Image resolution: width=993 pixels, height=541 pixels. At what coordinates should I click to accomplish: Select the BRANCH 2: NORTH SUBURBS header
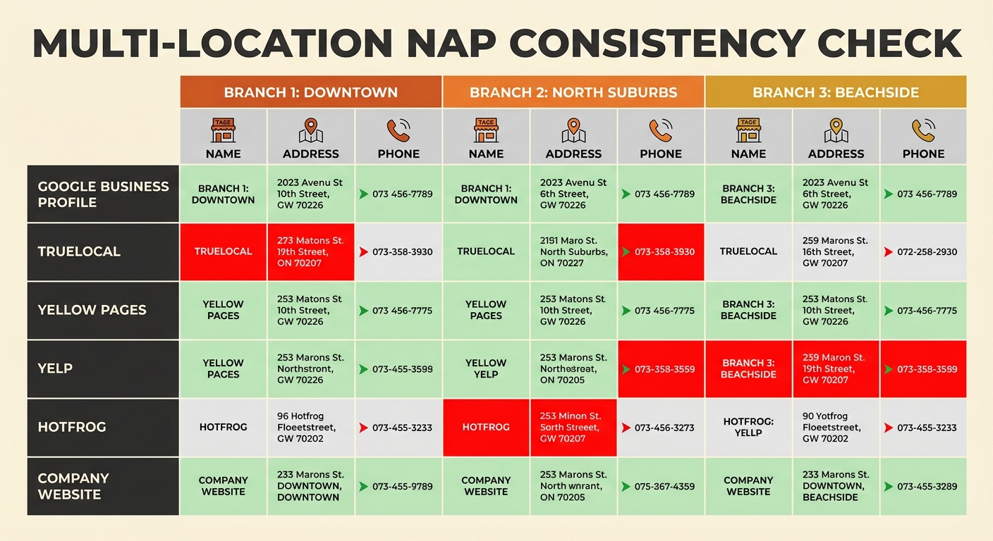[573, 92]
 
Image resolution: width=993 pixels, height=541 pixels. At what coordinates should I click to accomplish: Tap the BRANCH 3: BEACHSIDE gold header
[835, 92]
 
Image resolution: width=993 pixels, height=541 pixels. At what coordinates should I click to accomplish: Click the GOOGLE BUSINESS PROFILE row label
[103, 194]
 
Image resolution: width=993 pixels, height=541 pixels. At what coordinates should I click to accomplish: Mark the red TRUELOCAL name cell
[223, 251]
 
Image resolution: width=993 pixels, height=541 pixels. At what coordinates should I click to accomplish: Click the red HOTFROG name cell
[485, 428]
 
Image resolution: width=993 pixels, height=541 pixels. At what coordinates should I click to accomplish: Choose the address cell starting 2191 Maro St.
[573, 251]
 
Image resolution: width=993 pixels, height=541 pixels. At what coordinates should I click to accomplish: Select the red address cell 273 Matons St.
[310, 251]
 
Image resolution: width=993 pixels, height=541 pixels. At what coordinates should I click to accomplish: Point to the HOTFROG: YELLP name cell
[748, 428]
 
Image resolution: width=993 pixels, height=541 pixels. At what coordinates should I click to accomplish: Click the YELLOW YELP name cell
[485, 368]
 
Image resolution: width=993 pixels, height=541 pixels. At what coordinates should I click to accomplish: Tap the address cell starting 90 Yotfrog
[835, 428]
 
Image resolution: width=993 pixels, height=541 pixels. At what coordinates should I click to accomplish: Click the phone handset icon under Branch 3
[923, 131]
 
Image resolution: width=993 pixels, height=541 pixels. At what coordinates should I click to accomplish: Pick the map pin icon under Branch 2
[573, 131]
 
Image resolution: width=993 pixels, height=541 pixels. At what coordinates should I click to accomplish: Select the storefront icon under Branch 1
[223, 131]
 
